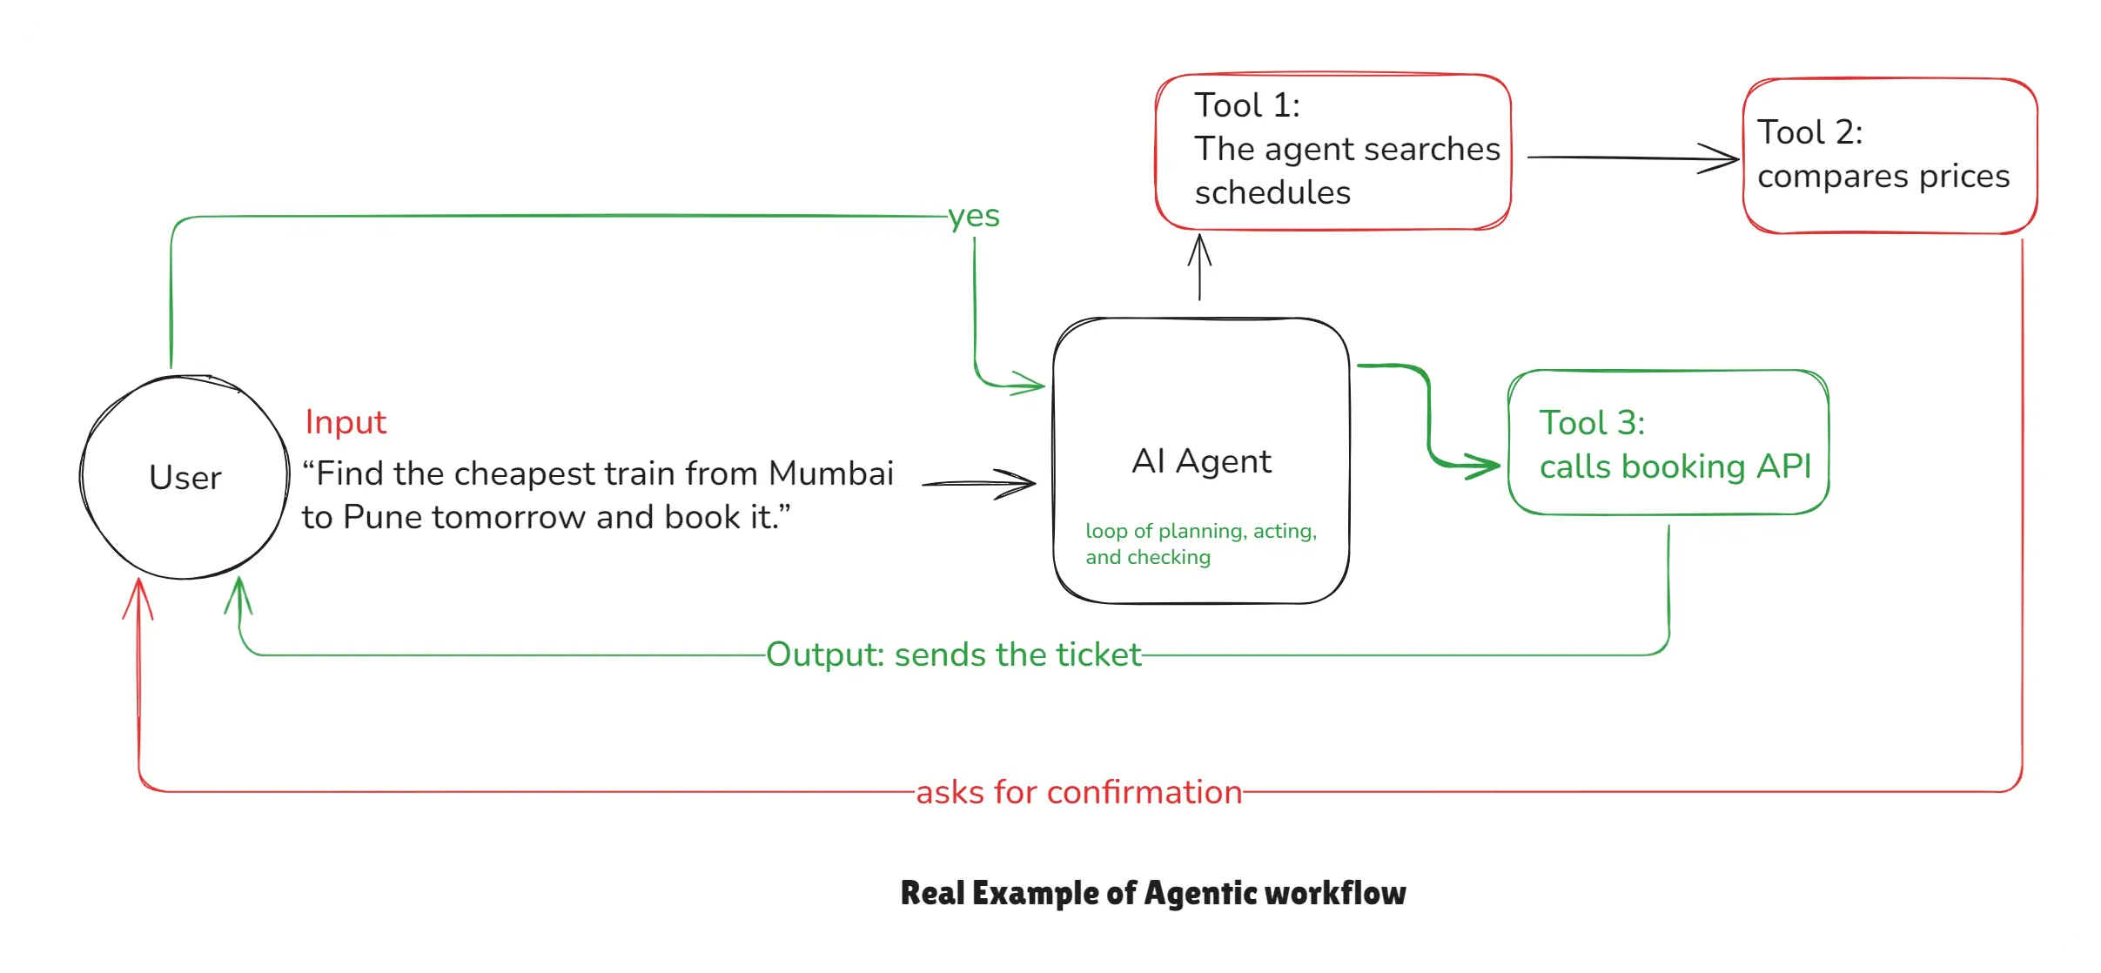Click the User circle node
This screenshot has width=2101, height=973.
pyautogui.click(x=185, y=477)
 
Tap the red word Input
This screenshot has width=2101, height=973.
pyautogui.click(x=346, y=422)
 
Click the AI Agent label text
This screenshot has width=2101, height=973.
pyautogui.click(x=1201, y=461)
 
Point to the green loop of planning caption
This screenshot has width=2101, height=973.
pyautogui.click(x=1200, y=543)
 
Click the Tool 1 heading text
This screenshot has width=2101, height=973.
pyautogui.click(x=1246, y=105)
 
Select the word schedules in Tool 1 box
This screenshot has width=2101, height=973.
pyautogui.click(x=1272, y=192)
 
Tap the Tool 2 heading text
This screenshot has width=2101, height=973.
pyautogui.click(x=1809, y=132)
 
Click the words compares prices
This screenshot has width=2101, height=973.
pyautogui.click(x=1883, y=177)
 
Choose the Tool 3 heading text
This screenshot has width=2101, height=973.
pyautogui.click(x=1592, y=423)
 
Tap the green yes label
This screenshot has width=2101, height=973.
pyautogui.click(x=974, y=216)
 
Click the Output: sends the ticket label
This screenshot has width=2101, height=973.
pyautogui.click(x=953, y=654)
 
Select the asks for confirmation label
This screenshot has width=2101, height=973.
pyautogui.click(x=1078, y=792)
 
